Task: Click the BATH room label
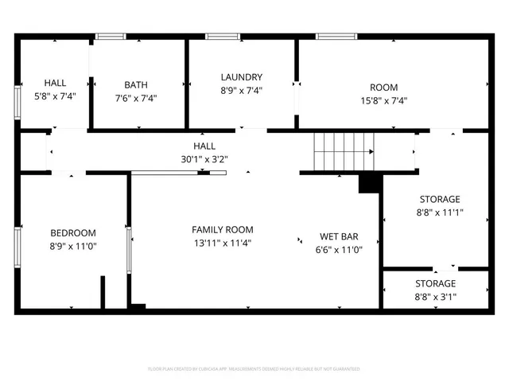click(x=136, y=85)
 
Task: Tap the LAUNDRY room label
click(x=242, y=77)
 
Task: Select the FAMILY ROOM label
click(x=223, y=229)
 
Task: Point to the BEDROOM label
click(x=73, y=232)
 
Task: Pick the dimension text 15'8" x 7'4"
click(x=383, y=101)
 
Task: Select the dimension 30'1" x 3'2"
click(x=204, y=159)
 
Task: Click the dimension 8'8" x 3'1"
click(x=435, y=297)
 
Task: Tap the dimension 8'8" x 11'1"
click(x=440, y=212)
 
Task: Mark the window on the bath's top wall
click(x=111, y=36)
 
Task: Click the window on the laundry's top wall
click(x=219, y=36)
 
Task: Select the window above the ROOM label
click(x=330, y=36)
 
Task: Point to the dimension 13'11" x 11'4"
click(x=223, y=243)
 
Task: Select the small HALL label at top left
click(x=55, y=83)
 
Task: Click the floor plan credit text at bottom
click(x=254, y=369)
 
